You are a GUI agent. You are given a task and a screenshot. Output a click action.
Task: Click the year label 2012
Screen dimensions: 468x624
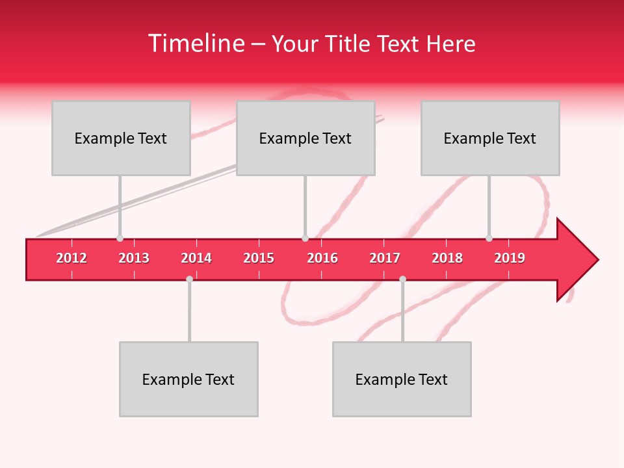point(71,258)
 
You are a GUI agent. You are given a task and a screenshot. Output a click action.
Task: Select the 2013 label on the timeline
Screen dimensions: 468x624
point(134,258)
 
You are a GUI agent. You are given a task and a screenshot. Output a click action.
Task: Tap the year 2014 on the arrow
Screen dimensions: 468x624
point(196,258)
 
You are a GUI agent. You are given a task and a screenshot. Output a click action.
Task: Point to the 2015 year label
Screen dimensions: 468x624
point(259,258)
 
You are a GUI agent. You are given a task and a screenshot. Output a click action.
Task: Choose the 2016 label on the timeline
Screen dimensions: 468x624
point(322,258)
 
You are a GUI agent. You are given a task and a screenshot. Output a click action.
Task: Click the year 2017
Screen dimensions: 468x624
point(385,258)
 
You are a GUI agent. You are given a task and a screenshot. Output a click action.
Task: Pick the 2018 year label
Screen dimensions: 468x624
point(447,258)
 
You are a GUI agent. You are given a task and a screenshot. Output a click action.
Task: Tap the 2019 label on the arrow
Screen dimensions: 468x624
point(510,258)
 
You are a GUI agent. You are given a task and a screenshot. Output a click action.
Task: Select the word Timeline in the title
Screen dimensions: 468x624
point(195,44)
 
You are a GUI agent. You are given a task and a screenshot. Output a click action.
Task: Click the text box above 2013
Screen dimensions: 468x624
point(121,138)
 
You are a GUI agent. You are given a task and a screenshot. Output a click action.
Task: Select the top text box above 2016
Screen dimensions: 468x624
point(305,138)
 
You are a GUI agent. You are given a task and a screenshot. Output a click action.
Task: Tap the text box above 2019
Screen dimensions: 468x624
point(490,138)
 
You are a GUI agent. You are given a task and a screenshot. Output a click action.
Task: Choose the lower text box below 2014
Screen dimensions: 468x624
point(188,379)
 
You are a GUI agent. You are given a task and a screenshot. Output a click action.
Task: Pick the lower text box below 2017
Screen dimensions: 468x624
point(402,379)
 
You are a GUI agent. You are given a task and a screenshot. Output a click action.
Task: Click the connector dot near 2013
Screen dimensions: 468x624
point(120,239)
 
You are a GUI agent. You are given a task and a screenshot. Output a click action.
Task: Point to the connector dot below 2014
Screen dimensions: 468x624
point(189,279)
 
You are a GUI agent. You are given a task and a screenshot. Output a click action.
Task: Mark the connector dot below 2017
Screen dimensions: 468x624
point(402,279)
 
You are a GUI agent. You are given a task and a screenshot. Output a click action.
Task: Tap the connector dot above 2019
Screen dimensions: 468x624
point(489,239)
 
